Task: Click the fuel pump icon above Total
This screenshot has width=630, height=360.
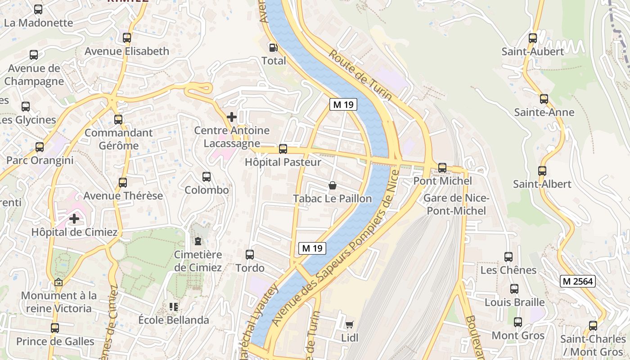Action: [273, 47]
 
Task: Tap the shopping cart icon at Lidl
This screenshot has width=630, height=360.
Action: [349, 324]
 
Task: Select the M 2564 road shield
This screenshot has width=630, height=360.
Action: [578, 282]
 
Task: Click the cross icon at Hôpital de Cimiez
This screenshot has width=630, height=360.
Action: [74, 219]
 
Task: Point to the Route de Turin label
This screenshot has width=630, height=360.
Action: [360, 75]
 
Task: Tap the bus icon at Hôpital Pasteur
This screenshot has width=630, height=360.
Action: [283, 149]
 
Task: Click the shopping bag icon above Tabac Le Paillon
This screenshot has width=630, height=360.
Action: [333, 185]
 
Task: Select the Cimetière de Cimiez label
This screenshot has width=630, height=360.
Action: [198, 261]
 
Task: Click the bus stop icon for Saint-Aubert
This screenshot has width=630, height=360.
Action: [533, 38]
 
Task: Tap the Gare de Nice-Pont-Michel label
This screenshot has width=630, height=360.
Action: [456, 204]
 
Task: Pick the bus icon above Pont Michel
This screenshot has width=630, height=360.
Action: [442, 168]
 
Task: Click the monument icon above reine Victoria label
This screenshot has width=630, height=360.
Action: [58, 283]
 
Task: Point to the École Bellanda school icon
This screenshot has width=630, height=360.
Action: [174, 307]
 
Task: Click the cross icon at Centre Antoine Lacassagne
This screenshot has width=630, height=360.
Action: [232, 117]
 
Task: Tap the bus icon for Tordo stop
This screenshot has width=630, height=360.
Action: [250, 255]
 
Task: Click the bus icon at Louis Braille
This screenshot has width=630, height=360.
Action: [514, 289]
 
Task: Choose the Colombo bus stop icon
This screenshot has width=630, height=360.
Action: [207, 177]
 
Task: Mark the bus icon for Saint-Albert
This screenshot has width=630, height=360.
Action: [542, 171]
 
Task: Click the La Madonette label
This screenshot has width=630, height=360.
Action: [38, 22]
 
